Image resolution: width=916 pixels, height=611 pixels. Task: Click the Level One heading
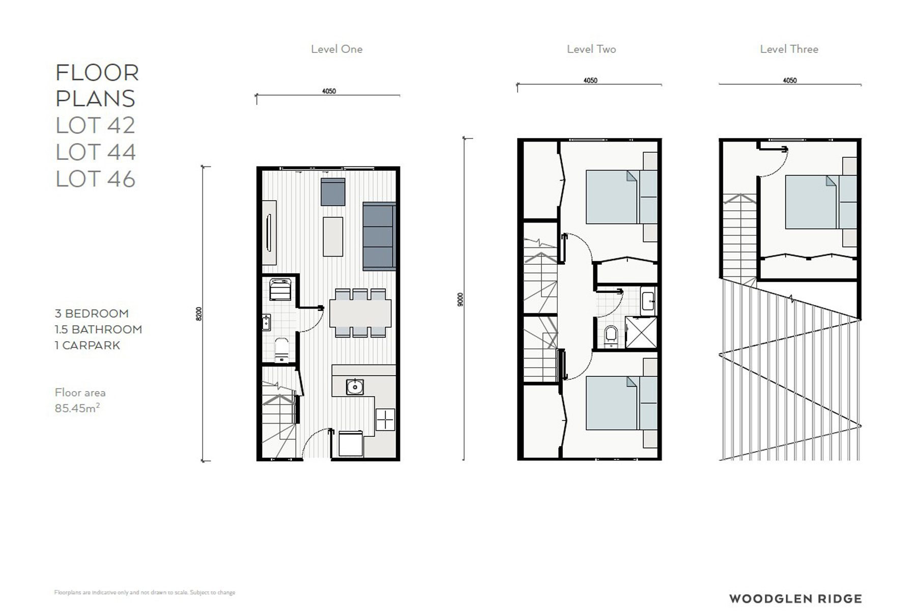pos(337,49)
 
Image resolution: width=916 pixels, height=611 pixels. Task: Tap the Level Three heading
pos(789,49)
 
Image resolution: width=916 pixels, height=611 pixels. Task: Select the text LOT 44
pos(96,152)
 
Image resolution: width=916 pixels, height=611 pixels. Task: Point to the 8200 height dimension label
pos(199,314)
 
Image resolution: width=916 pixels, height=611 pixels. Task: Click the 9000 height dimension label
pos(461,299)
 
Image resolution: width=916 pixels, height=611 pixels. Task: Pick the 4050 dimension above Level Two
pos(590,80)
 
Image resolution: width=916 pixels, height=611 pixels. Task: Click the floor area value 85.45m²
pos(77,408)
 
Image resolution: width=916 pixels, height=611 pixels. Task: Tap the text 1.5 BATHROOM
pos(98,329)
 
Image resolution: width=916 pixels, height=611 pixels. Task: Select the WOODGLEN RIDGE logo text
pos(795,599)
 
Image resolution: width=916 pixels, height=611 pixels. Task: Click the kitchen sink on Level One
pos(355,387)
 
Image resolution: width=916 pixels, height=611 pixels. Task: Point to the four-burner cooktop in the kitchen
pos(385,420)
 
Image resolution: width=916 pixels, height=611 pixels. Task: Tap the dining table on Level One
pos(360,313)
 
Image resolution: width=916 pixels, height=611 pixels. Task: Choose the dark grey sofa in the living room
pos(379,236)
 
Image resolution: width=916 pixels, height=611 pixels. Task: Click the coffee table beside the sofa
pos(333,237)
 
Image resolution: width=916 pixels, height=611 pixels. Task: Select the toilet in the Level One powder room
pos(281,349)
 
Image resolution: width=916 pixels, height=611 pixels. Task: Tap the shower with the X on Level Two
pos(641,332)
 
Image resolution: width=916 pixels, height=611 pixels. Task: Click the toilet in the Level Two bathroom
pos(611,336)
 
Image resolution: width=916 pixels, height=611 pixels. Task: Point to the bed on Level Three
pos(821,202)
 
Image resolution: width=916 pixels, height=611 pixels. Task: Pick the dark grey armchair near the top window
pos(333,191)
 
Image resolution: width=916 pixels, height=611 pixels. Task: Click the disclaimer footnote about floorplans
pos(145,592)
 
